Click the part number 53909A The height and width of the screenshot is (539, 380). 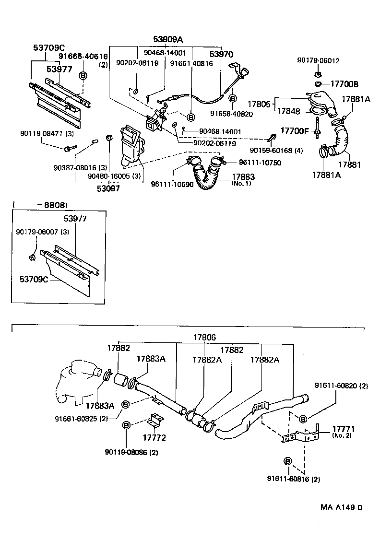click(168, 39)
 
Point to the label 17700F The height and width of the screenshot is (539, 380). click(295, 130)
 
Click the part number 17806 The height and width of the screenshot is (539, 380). click(205, 337)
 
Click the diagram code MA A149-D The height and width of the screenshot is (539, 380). click(342, 507)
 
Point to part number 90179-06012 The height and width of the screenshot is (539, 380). click(318, 60)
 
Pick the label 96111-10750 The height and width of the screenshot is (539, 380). click(259, 163)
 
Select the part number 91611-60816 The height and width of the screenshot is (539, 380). click(294, 479)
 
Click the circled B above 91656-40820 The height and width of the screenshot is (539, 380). click(232, 98)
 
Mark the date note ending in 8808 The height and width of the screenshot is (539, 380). click(40, 205)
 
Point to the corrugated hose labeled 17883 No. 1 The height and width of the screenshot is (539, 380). click(207, 174)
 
